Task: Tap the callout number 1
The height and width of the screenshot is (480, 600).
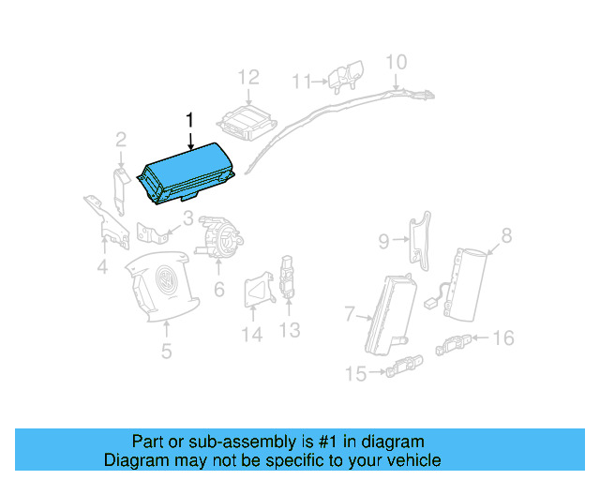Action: [x=190, y=119]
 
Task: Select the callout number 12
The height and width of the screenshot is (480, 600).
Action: [x=247, y=77]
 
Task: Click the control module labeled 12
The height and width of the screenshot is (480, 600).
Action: [x=245, y=123]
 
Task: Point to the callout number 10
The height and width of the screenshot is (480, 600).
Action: [x=397, y=62]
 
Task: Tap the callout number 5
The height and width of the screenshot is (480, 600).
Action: [x=166, y=352]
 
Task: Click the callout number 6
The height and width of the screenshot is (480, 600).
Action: [x=218, y=290]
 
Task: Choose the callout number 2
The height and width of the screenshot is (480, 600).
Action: [x=121, y=141]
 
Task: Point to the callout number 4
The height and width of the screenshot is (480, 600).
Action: [x=102, y=270]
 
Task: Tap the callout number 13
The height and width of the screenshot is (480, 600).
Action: [x=290, y=329]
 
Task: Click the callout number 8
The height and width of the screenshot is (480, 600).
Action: [x=506, y=236]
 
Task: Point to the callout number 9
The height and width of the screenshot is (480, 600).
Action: [x=383, y=242]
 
